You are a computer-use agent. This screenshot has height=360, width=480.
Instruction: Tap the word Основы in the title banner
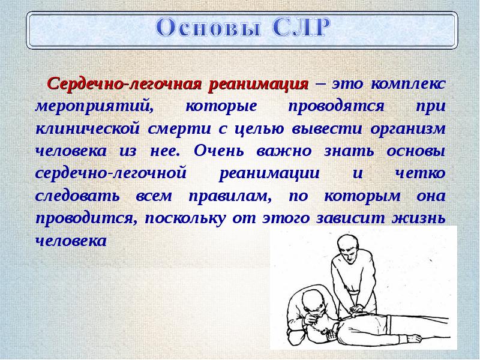click(208, 28)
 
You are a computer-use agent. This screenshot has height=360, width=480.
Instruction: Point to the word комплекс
click(408, 83)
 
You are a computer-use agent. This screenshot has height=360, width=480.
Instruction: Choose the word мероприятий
click(95, 107)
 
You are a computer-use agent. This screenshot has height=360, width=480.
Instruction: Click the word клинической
click(88, 128)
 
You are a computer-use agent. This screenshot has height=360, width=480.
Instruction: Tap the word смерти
click(179, 129)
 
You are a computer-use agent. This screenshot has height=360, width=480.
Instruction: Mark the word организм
click(408, 129)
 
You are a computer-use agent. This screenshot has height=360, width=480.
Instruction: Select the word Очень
click(219, 151)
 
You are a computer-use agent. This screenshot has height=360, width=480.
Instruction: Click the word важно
click(284, 151)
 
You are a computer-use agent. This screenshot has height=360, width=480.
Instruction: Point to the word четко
click(420, 173)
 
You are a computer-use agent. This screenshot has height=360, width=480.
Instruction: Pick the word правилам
click(230, 196)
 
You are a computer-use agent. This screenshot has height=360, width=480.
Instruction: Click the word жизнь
click(419, 218)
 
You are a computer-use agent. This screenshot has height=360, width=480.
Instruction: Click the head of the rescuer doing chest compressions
click(347, 247)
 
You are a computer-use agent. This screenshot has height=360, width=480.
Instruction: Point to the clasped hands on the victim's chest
click(358, 310)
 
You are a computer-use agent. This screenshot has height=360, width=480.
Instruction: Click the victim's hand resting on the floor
click(415, 338)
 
